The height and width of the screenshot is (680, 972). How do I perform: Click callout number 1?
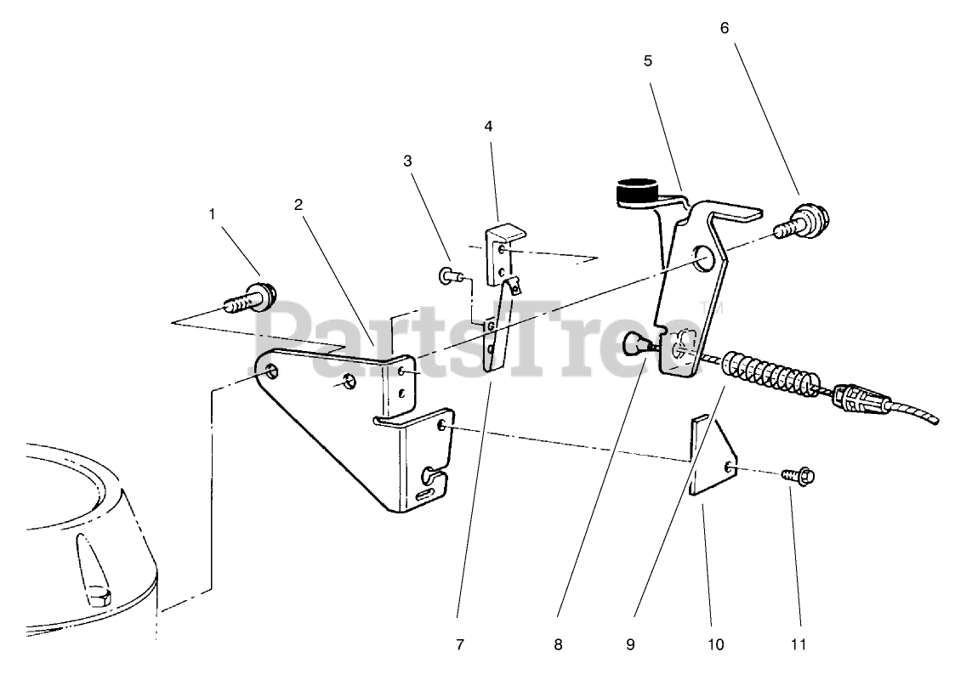(213, 214)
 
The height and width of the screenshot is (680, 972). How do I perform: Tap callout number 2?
(298, 204)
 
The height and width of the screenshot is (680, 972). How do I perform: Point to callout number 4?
(488, 126)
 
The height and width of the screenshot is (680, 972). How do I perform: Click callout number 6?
(724, 27)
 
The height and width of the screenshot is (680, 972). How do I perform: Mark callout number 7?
(460, 643)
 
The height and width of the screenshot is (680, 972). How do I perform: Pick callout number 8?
(558, 643)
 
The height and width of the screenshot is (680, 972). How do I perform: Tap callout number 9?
(630, 643)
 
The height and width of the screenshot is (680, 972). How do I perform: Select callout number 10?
(715, 643)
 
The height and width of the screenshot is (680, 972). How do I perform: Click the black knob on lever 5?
(635, 192)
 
